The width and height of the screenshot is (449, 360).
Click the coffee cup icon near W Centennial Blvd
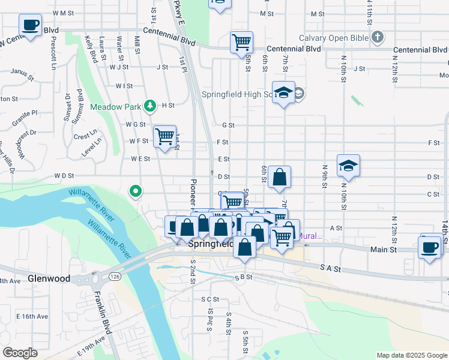30,25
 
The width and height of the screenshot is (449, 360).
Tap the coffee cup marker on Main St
430,247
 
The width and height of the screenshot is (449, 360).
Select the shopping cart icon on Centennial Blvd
241,42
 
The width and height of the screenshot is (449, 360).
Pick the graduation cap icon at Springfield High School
284,92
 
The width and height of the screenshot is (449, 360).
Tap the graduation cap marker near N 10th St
348,166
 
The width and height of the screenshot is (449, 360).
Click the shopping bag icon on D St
279,177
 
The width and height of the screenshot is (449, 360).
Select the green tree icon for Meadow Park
150,106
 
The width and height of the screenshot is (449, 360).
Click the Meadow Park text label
115,107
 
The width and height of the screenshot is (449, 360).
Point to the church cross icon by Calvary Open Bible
377,38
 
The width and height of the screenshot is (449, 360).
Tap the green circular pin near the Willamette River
136,191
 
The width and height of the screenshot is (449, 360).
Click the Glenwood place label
49,279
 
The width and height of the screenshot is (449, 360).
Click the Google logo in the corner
20,353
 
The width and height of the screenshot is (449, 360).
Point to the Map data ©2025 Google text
411,355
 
